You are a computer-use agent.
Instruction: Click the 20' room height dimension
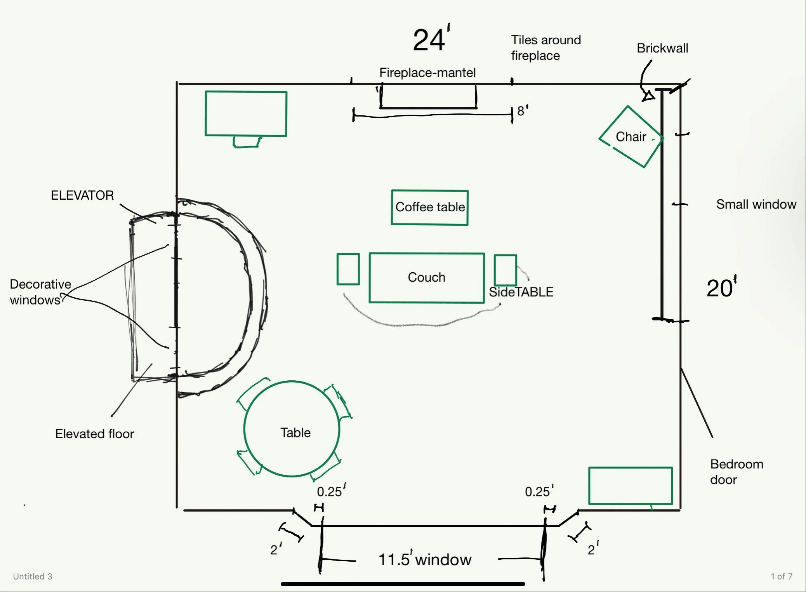pos(721,287)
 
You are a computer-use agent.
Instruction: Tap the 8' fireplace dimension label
pos(523,111)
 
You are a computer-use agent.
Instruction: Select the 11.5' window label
pos(425,559)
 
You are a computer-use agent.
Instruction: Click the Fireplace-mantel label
pos(427,73)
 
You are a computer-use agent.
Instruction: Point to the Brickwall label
pos(662,48)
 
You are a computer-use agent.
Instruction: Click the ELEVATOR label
pos(82,195)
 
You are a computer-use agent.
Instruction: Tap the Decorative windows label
pos(40,292)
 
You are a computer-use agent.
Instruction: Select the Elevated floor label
pos(94,434)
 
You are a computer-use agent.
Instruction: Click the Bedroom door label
pos(737,472)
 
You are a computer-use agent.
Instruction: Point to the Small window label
pos(756,204)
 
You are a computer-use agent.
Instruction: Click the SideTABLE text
pos(521,292)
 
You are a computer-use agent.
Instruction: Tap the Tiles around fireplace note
pos(546,48)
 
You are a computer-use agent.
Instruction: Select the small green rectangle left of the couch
pos(348,269)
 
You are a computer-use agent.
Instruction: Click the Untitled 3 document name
pos(33,576)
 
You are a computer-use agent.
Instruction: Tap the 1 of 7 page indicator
pos(782,576)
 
